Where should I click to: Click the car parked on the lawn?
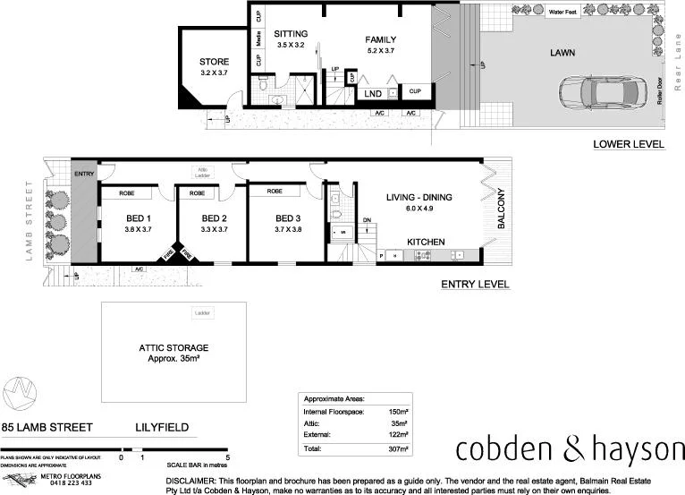tap(595, 91)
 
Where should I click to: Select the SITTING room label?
tap(291, 34)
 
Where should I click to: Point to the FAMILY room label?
tap(380, 40)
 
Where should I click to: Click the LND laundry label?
tap(373, 93)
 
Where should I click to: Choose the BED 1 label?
tap(138, 218)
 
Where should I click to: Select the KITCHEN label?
tap(427, 243)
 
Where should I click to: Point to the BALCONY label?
tap(502, 208)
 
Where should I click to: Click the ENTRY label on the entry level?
tap(84, 175)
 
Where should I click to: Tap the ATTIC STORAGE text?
tap(173, 348)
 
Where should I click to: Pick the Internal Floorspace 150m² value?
tap(398, 411)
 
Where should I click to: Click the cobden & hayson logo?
tap(571, 450)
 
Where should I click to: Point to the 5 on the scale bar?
tap(228, 457)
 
